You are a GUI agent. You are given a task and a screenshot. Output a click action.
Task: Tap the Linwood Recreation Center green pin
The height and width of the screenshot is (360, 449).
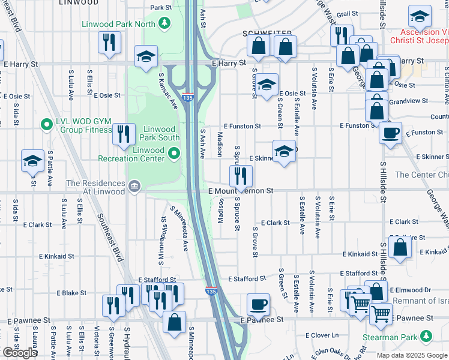pyautogui.click(x=174, y=155)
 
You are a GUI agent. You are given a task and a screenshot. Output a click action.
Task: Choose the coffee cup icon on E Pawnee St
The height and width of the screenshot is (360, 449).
pyautogui.click(x=258, y=304)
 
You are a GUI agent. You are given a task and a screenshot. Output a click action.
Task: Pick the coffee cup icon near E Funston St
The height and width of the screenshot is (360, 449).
pyautogui.click(x=390, y=132)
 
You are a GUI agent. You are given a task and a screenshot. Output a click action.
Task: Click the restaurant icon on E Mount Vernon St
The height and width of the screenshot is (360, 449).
pyautogui.click(x=241, y=176)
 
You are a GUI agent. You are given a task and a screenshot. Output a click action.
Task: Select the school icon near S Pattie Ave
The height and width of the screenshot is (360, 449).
pyautogui.click(x=32, y=160)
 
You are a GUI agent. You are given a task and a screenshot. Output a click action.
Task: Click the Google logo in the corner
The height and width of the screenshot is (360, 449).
pyautogui.click(x=20, y=353)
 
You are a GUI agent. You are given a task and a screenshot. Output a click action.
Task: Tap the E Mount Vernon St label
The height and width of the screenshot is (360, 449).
pyautogui.click(x=241, y=191)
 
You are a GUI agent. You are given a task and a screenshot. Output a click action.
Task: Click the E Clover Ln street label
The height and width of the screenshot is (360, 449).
pyautogui.click(x=322, y=335)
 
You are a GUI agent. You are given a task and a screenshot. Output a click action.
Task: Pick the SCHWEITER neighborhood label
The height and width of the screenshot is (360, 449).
pyautogui.click(x=267, y=33)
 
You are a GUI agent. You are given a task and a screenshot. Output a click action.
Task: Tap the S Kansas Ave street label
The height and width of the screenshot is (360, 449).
pyautogui.click(x=168, y=91)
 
